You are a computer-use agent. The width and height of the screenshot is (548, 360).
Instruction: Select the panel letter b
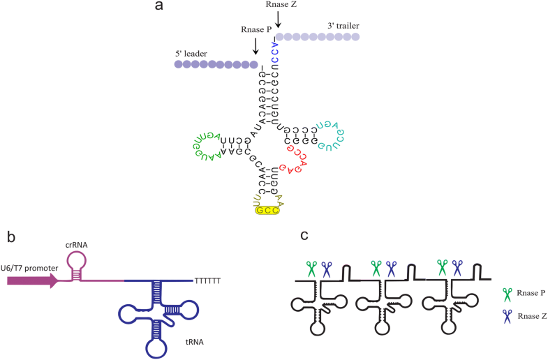(x=12, y=237)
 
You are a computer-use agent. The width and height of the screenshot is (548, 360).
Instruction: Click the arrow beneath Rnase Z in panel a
(x=279, y=21)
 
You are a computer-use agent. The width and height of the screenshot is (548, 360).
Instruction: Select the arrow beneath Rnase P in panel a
(x=256, y=47)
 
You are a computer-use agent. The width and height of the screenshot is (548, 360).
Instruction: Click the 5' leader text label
(x=193, y=52)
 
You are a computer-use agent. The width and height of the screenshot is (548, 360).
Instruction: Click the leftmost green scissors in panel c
(x=311, y=268)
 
